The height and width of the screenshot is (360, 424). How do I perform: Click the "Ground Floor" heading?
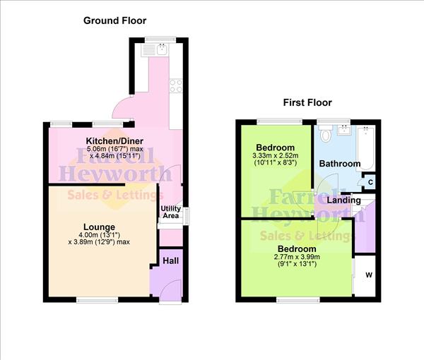point(115,20)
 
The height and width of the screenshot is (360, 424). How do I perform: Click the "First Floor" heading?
point(307,102)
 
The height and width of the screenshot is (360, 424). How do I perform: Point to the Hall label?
point(171,260)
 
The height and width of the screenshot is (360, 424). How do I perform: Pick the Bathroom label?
point(339,164)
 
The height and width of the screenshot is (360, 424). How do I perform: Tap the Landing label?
point(345,200)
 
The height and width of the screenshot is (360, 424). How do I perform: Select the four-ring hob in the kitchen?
point(175,86)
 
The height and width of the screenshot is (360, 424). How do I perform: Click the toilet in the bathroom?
point(326,134)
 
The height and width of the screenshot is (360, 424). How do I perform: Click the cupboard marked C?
point(370,183)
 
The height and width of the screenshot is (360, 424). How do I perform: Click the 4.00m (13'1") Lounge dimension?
point(99,235)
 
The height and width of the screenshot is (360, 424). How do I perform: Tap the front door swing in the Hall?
point(170,289)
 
